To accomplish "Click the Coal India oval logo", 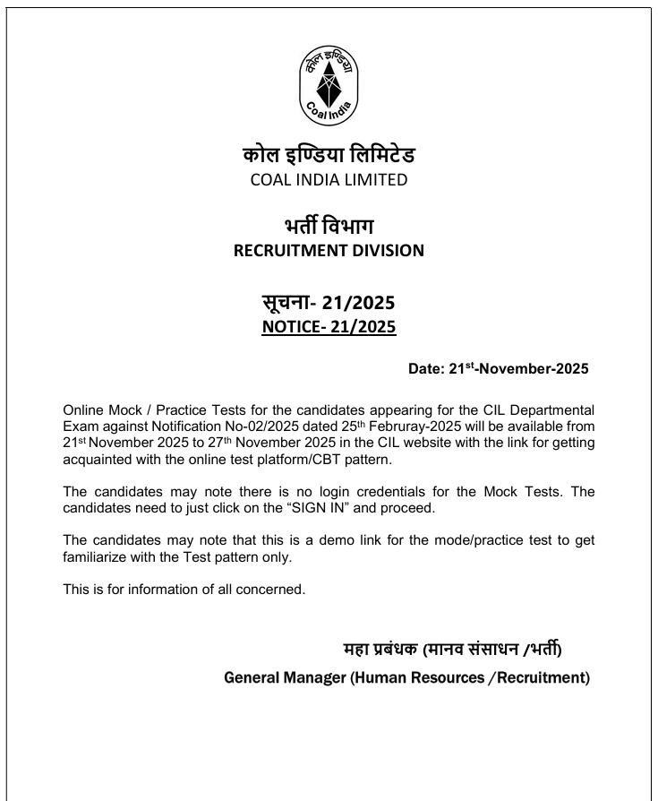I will tap(329, 86).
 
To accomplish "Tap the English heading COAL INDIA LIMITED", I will tap(329, 180).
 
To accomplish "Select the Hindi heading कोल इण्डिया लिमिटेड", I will tap(329, 155).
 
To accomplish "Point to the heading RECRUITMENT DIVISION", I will tap(329, 251).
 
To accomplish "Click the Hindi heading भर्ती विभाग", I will tap(329, 225).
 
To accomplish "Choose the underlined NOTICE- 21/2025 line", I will tap(329, 327).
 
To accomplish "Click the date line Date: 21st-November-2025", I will tap(498, 368).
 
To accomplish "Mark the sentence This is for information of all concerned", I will tap(184, 590).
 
